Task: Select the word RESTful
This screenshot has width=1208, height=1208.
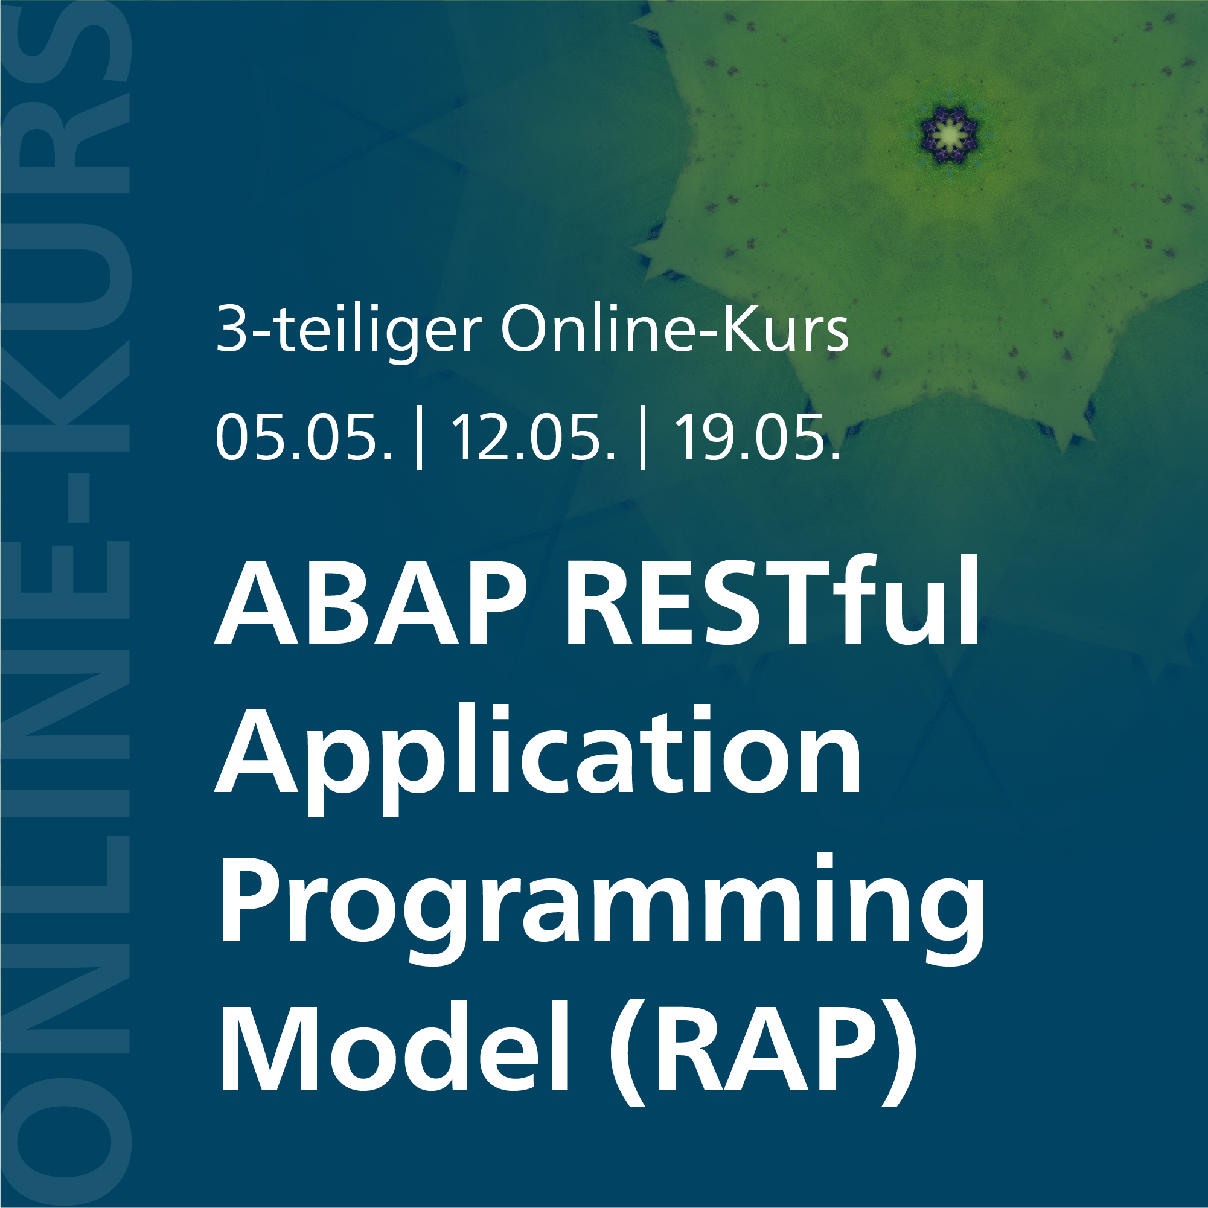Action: click(773, 601)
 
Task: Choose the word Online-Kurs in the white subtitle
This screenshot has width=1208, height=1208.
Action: click(675, 329)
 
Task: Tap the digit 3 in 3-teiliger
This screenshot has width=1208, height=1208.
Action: click(229, 330)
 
